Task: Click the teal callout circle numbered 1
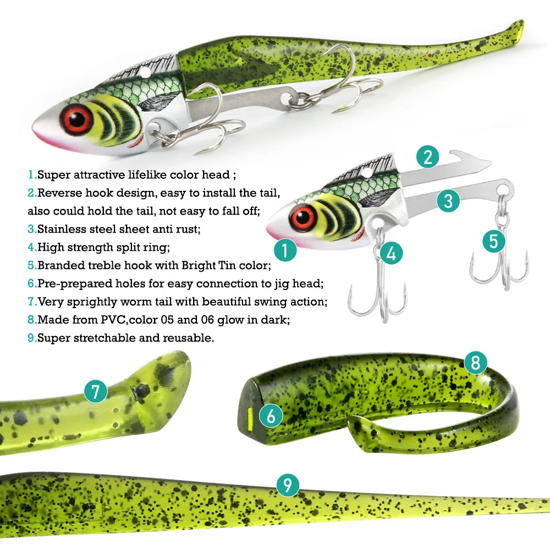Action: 284,251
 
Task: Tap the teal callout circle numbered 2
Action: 427,158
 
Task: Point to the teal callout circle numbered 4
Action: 391,254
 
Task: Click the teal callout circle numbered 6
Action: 271,416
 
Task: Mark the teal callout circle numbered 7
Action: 96,392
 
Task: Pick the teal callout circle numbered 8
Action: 475,362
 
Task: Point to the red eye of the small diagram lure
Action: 300,217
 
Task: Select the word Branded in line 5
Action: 57,266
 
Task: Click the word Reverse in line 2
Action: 56,193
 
